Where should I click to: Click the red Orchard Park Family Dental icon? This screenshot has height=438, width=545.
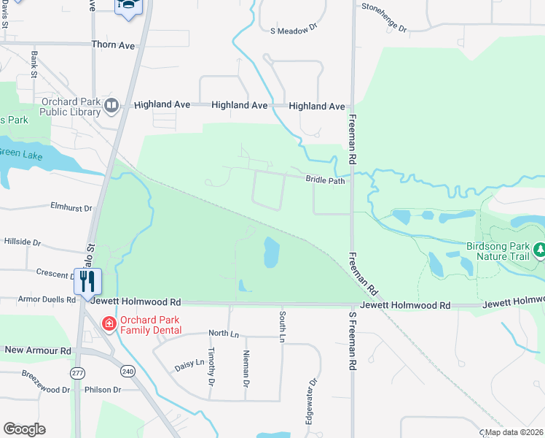(109, 323)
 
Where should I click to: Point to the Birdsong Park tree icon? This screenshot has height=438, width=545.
(539, 251)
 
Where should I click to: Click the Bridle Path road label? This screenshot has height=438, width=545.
(325, 180)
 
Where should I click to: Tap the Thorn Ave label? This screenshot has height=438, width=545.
(113, 45)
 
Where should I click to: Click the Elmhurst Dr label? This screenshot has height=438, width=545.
(71, 207)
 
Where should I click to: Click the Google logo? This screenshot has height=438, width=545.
(24, 429)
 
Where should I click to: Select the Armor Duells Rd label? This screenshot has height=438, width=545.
(47, 299)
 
